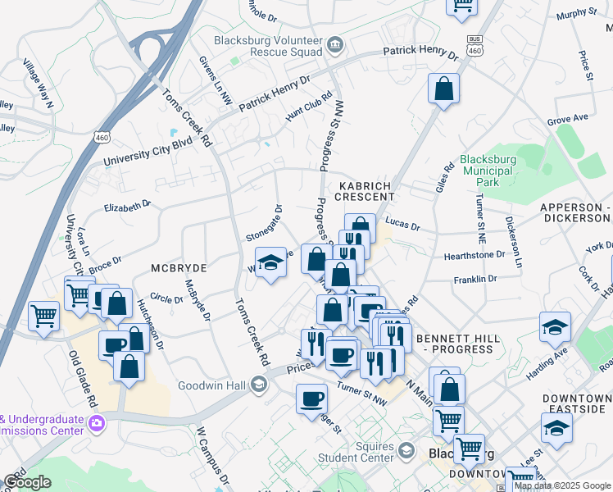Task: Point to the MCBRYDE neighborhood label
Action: pos(178,268)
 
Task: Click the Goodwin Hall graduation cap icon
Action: pos(259,385)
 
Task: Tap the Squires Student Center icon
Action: pos(406,451)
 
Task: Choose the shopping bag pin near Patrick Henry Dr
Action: pos(443,89)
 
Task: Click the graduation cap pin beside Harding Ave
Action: pos(555,326)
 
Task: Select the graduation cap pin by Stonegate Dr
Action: pos(270,263)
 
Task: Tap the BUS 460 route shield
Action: pos(473,45)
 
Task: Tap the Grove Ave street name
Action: pos(568,119)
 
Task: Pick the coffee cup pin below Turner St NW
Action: pos(311,399)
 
